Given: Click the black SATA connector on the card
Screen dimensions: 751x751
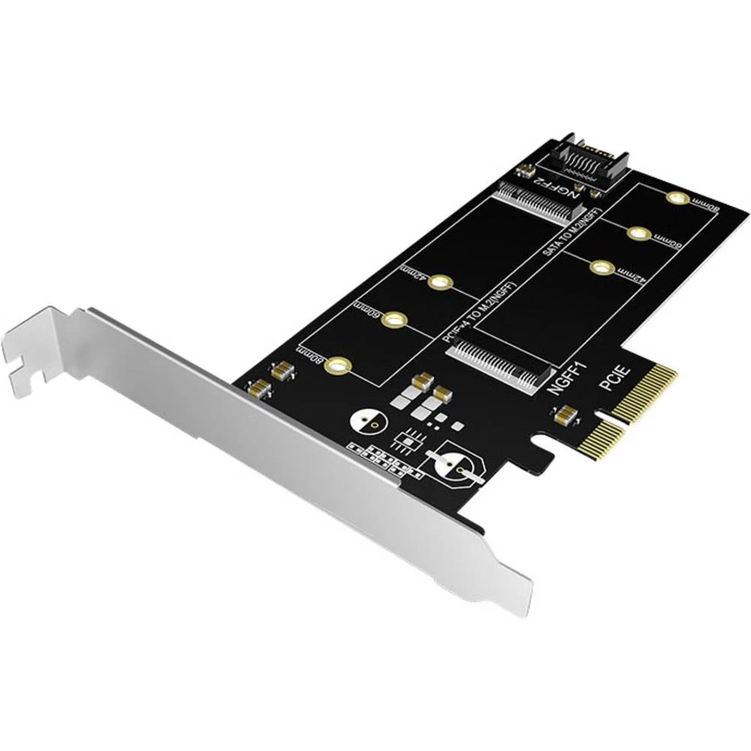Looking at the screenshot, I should (583, 161).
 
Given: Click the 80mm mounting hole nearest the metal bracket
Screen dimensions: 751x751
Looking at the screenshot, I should (339, 366).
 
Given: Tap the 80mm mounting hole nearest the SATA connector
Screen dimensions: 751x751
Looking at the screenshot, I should (677, 198).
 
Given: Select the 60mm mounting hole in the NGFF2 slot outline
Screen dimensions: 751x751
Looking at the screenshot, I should (394, 320).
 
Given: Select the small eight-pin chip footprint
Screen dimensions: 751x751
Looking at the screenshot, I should (410, 439).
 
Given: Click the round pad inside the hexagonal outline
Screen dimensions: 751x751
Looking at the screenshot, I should (453, 467).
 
